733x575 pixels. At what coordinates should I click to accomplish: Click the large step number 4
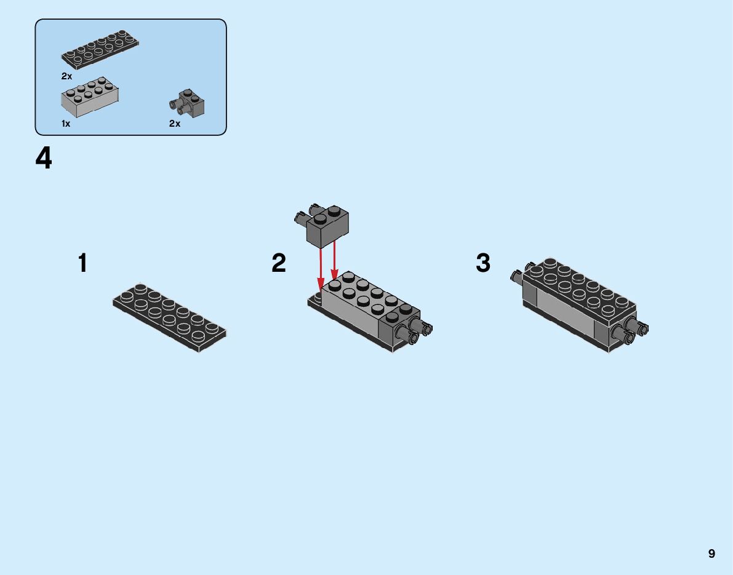[44, 159]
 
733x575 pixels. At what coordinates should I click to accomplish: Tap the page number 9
[711, 553]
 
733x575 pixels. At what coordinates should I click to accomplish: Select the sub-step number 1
[82, 263]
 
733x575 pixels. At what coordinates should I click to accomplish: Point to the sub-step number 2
[279, 263]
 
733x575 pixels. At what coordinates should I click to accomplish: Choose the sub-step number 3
[483, 263]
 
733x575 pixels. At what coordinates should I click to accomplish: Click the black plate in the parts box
[100, 51]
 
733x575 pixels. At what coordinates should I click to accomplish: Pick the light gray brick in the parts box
[90, 97]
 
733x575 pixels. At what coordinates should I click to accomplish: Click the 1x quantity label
[66, 124]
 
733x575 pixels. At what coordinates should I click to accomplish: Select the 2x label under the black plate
[66, 76]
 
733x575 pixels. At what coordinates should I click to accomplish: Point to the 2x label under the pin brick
[175, 124]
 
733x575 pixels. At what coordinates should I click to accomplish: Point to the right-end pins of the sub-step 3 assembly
[634, 330]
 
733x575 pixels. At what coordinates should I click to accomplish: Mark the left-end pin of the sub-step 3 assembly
[517, 275]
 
